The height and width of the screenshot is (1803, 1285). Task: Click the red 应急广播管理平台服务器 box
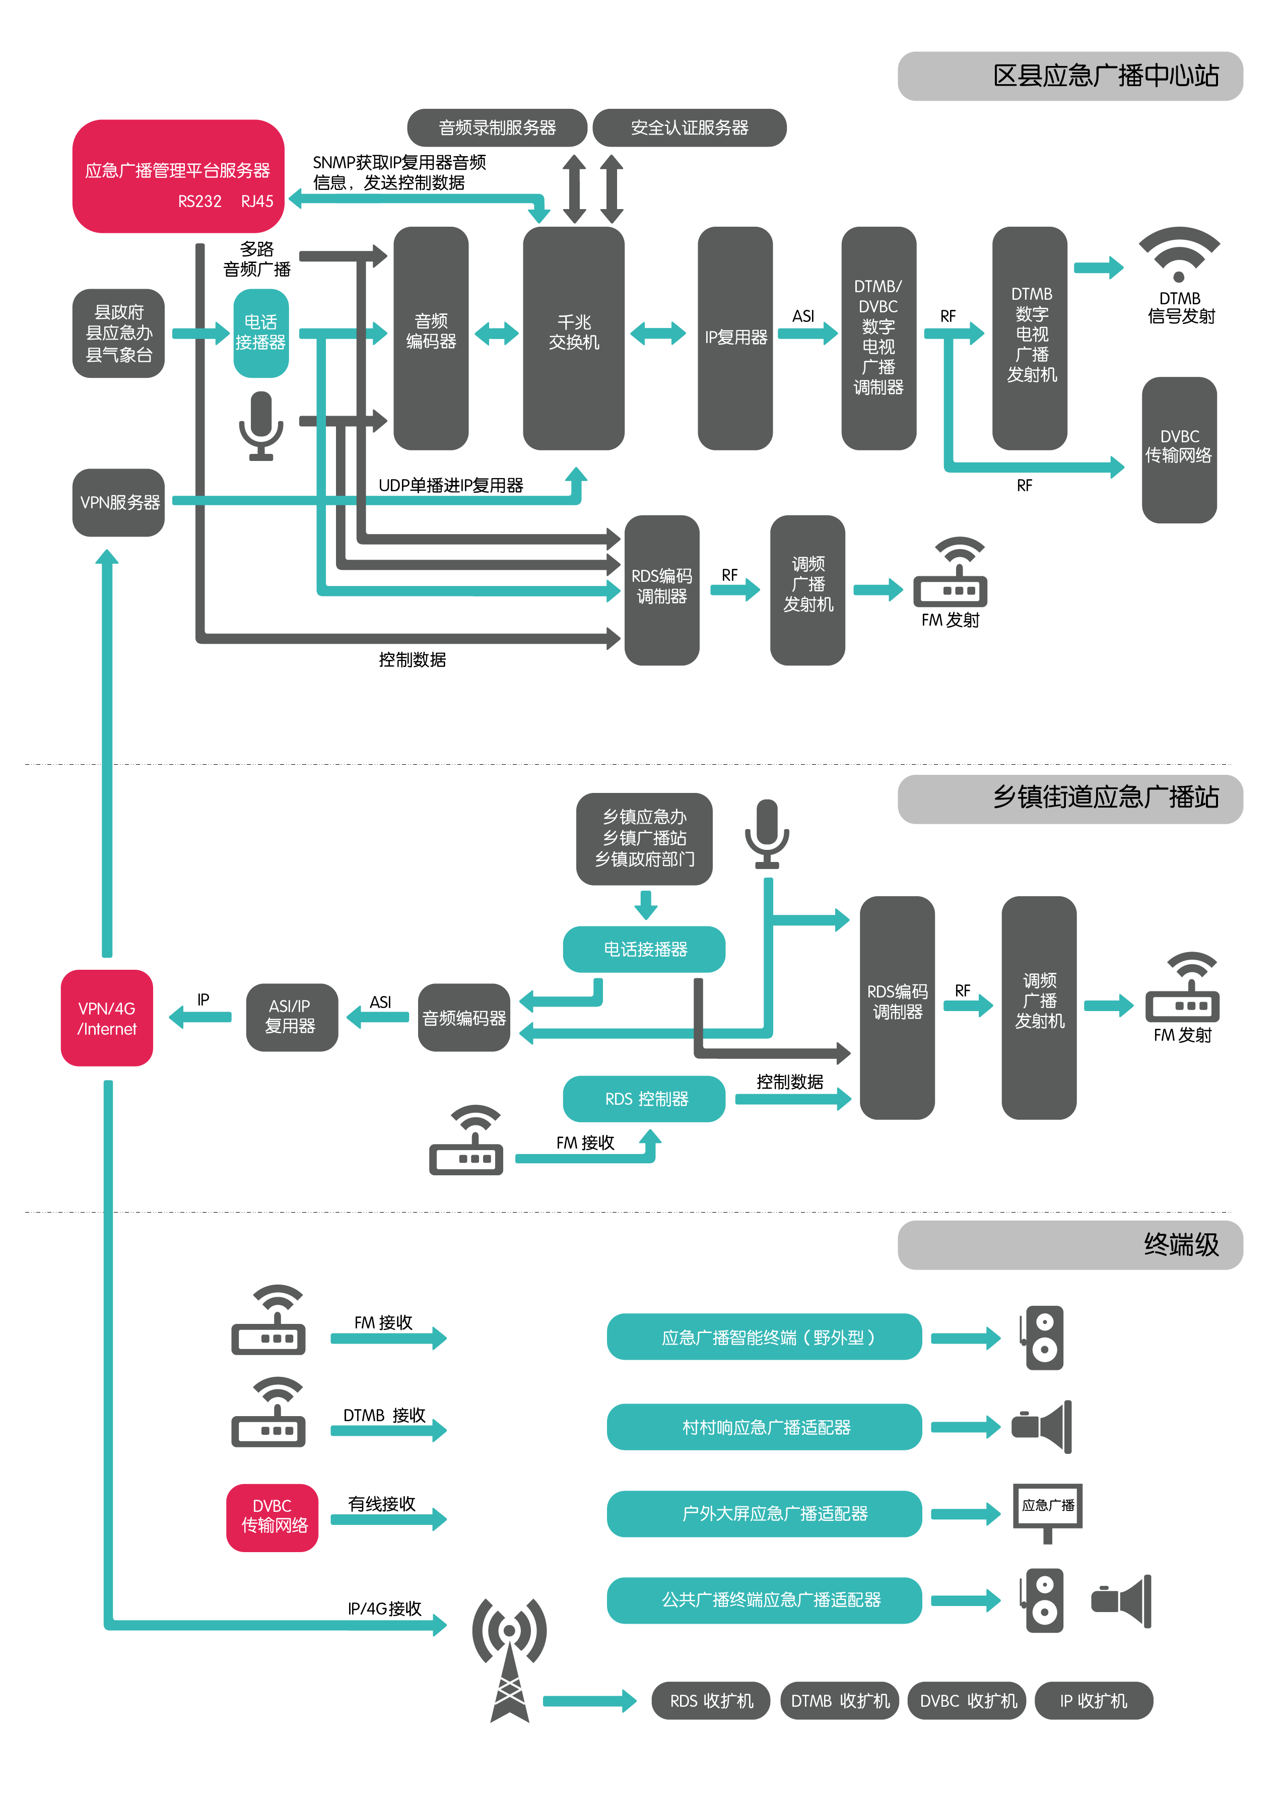point(177,176)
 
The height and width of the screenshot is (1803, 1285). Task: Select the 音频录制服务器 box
point(497,127)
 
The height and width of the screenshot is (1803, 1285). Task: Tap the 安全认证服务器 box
point(689,127)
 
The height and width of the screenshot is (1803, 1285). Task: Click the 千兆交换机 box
point(574,338)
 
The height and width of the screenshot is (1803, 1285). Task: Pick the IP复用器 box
point(735,338)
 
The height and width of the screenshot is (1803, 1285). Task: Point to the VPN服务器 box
point(119,502)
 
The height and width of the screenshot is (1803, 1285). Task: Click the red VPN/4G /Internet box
point(107,1018)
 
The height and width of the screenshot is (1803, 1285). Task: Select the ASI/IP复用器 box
point(291,1017)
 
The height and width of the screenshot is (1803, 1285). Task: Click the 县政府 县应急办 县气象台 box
point(119,333)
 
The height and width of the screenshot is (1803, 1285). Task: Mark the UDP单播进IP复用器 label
point(450,485)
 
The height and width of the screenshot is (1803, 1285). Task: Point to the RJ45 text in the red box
point(257,201)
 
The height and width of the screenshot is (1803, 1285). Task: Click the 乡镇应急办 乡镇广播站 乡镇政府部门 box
point(644,838)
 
